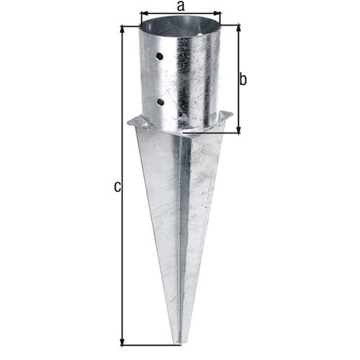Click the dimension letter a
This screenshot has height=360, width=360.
click(x=181, y=6)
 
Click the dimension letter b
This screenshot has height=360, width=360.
click(x=243, y=79)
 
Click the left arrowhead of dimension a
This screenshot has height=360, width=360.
click(x=143, y=13)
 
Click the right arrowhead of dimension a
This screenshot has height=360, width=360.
click(x=220, y=13)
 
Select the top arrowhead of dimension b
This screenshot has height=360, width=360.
click(x=238, y=28)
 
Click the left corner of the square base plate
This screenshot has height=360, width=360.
click(x=129, y=125)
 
